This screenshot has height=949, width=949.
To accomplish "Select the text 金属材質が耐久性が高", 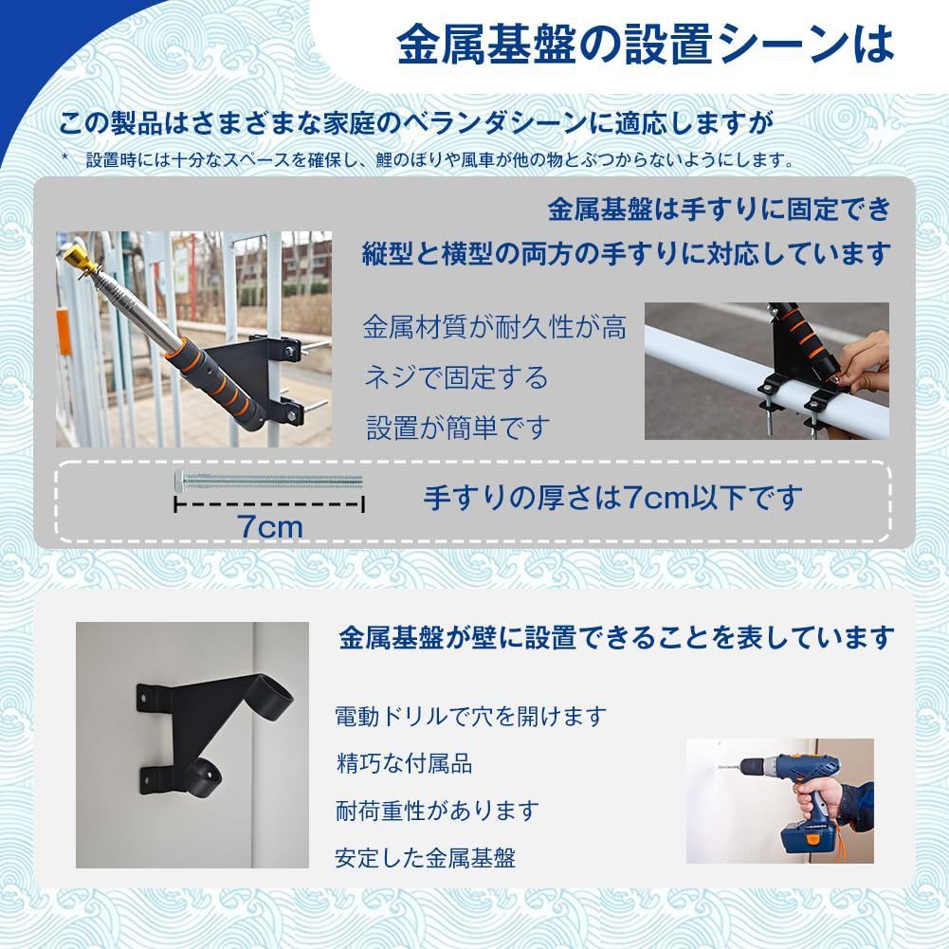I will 494,328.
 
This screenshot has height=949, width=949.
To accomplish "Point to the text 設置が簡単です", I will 457,427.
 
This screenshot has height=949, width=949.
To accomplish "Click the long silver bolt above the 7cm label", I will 269,481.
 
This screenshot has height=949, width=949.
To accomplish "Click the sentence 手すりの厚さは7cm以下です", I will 611,497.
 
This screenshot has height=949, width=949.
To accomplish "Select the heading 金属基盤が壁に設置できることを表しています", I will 615,637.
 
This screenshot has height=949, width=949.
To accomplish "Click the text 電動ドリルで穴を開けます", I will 469,716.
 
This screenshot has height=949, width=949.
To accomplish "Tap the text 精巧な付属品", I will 404,763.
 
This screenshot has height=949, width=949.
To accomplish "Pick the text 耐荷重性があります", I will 436,811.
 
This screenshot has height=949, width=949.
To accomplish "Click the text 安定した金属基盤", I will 425,859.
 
